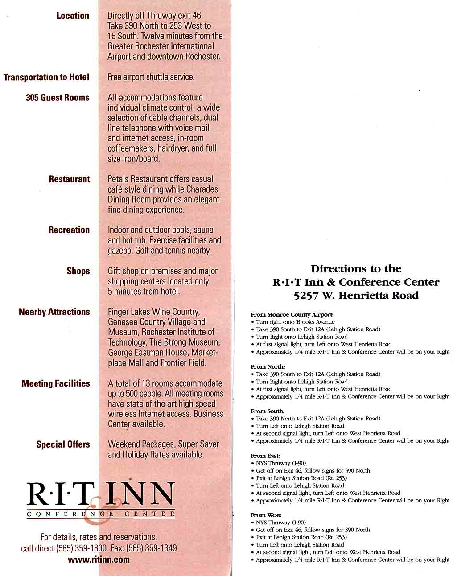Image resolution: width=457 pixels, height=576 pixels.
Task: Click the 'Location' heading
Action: pos(73,16)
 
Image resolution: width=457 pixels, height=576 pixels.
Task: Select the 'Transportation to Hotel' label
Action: pos(46,77)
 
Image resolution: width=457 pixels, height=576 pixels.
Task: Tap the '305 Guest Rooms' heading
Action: pos(58,98)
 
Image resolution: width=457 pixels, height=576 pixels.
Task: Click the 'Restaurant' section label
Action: pos(69,179)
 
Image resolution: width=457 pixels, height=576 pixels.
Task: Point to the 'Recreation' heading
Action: pos(69,230)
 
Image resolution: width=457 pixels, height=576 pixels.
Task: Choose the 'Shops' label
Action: pos(78,271)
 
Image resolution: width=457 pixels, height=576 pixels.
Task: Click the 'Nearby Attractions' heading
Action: pos(54,312)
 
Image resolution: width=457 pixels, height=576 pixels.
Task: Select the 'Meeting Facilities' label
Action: pos(55,383)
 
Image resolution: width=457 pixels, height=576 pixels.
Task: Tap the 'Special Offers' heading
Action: pos(63,444)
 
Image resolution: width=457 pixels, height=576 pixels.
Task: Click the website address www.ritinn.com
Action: pos(99,559)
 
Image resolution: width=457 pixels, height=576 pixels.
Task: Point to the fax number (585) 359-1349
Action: pos(152,548)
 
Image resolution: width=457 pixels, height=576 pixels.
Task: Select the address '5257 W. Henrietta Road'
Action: pos(356,295)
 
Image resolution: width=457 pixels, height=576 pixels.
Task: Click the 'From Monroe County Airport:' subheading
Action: pos(292,314)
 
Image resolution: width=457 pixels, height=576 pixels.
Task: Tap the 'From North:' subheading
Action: pos(268,366)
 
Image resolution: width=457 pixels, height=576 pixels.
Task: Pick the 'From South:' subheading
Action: pos(268,411)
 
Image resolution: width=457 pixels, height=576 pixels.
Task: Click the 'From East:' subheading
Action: pos(265,456)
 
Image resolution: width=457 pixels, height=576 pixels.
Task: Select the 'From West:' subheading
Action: pos(266,515)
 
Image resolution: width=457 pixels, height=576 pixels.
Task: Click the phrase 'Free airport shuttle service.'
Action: pos(151,77)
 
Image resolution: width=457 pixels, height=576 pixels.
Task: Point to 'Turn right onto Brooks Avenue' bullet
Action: pos(295,322)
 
